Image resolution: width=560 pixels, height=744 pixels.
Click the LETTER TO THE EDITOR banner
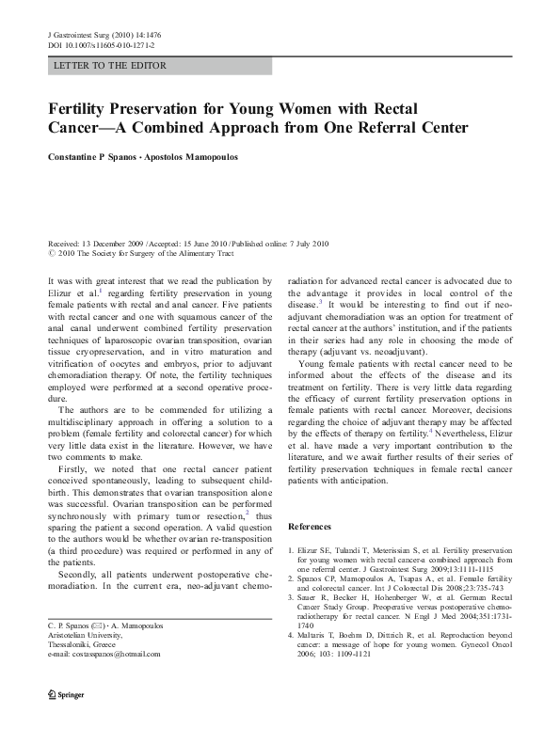click(x=111, y=66)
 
